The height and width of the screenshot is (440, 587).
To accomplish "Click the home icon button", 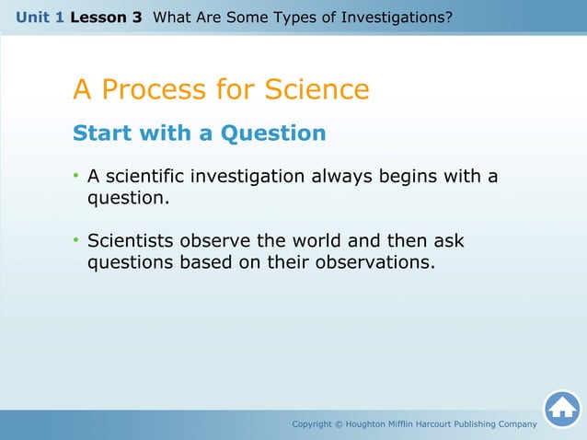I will pyautogui.click(x=561, y=410).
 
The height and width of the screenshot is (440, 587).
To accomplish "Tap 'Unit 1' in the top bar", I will pyautogui.click(x=40, y=17).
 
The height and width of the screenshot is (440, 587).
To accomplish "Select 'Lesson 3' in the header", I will pyautogui.click(x=106, y=17).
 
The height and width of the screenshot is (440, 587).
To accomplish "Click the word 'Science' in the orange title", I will pyautogui.click(x=317, y=90).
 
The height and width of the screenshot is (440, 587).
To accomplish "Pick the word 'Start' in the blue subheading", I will pyautogui.click(x=102, y=133).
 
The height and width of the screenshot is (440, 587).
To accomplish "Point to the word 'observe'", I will pyautogui.click(x=215, y=241).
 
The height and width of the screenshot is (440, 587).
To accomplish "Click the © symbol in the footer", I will pyautogui.click(x=339, y=424).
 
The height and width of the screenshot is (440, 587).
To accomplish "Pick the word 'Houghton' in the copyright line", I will pyautogui.click(x=370, y=424).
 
